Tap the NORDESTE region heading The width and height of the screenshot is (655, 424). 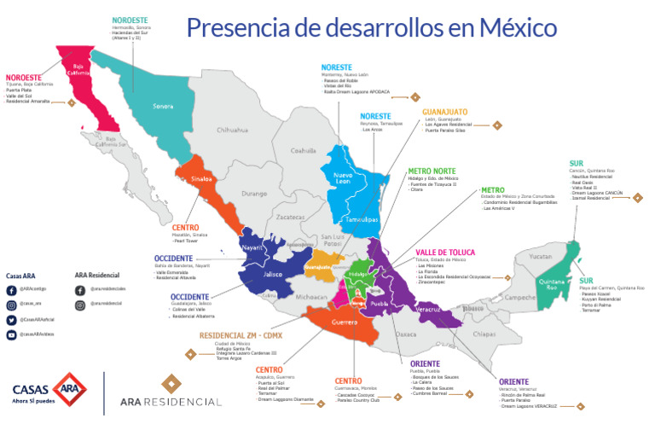[130, 18]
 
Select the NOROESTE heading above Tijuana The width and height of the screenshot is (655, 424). [26, 76]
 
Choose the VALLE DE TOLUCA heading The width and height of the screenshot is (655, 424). [451, 253]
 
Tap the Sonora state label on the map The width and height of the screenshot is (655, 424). [162, 107]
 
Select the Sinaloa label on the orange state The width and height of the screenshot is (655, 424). [202, 181]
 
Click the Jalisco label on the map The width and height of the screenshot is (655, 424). [273, 275]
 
